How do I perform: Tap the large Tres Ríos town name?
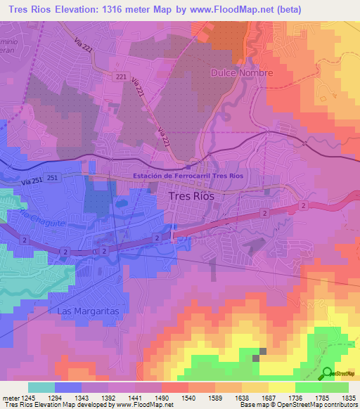pos(192,197)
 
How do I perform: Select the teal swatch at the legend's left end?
pos(41,387)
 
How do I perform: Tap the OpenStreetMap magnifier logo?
pos(328,373)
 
